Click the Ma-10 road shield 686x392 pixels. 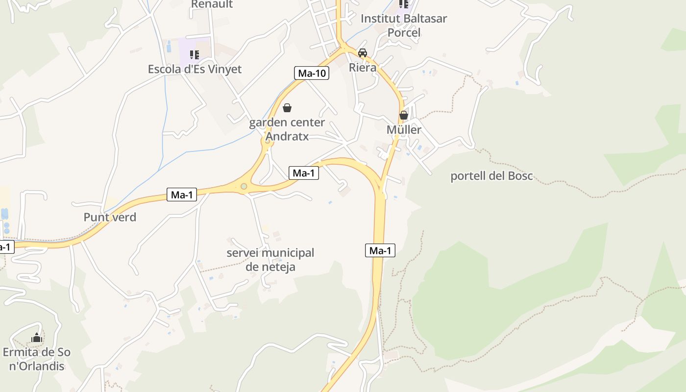coord(312,73)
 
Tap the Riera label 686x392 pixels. coord(363,68)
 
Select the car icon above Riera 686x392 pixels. coord(363,53)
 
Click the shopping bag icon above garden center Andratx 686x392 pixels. coord(287,108)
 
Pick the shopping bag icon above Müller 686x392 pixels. coord(404,116)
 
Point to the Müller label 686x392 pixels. coord(404,130)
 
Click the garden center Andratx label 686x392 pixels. coord(287,129)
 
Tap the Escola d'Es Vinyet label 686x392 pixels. coord(195,69)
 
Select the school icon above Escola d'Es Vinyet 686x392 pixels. coord(195,54)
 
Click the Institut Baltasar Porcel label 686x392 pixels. coord(404,25)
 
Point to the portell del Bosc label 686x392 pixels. coord(491,176)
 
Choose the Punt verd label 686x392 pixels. coord(110,217)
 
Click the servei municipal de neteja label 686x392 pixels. coord(270,260)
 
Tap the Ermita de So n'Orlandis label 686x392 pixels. coord(37,359)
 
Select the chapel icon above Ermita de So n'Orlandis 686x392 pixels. coord(37,338)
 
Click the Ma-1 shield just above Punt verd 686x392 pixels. coord(181,195)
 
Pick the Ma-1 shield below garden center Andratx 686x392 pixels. coord(304,173)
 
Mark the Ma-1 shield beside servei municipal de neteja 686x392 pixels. coord(380,251)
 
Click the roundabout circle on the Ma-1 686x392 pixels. coord(244,186)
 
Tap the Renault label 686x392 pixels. coord(212,4)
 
